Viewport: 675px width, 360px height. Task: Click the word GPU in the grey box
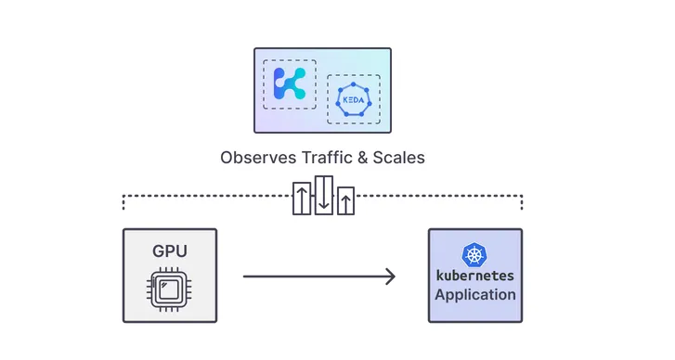click(169, 251)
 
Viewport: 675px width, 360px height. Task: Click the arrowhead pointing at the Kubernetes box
click(390, 276)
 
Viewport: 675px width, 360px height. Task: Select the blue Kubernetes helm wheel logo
click(474, 254)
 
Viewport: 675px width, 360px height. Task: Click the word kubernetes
click(474, 276)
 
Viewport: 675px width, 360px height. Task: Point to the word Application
click(474, 295)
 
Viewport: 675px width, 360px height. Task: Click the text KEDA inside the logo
click(353, 99)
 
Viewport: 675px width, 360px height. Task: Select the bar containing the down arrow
click(324, 195)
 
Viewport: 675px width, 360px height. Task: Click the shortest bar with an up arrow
click(346, 200)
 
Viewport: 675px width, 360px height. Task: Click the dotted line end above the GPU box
click(124, 202)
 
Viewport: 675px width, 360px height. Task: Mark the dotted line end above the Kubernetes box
click(522, 202)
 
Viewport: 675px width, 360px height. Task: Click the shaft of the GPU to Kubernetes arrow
click(316, 276)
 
